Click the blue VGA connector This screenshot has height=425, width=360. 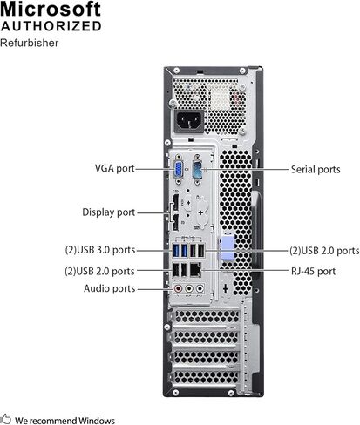(179, 170)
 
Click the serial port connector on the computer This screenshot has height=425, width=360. (197, 170)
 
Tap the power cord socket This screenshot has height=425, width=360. (189, 120)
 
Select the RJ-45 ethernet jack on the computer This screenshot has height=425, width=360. (195, 270)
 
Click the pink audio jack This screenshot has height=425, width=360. (178, 288)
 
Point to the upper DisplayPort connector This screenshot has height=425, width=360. (176, 203)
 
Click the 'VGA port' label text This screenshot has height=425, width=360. (115, 168)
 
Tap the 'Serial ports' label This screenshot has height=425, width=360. (316, 170)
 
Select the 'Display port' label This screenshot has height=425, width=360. (109, 212)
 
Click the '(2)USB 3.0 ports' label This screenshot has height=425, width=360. (100, 250)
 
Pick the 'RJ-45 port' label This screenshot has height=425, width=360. (313, 272)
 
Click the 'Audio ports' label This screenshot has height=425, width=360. (110, 288)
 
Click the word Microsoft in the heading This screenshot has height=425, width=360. (51, 9)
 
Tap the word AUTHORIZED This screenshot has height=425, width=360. (51, 26)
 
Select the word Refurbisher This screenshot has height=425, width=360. (29, 43)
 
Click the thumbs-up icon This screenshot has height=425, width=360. (5, 419)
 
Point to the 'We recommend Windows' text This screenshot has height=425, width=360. (65, 421)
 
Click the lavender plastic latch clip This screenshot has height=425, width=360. (227, 248)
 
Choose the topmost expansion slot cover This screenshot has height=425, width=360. (206, 317)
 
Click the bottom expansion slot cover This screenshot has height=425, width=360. (206, 378)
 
